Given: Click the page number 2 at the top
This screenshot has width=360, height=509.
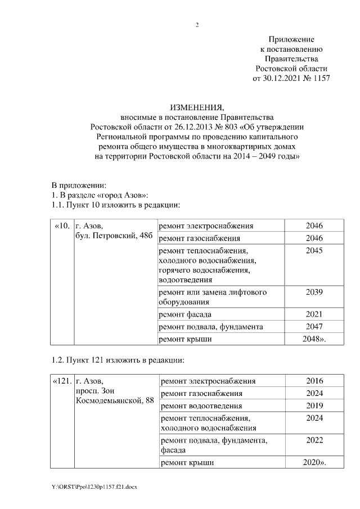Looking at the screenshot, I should pos(197,25).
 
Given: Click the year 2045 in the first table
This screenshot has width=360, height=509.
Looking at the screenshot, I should pos(314,250).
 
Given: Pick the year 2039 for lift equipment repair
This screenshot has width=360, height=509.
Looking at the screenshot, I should pos(314,292).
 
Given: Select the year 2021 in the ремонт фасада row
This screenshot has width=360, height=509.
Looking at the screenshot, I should pos(314,314).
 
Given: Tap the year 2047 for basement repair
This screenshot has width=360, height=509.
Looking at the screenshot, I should pos(314,327).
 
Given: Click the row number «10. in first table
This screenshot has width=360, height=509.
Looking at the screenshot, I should pos(62,226).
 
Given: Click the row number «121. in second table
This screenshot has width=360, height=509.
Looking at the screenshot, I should pos(62,381).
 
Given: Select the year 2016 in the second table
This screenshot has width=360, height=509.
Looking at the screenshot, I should pos(314,381).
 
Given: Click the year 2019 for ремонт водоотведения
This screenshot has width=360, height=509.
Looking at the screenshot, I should pos(314,406).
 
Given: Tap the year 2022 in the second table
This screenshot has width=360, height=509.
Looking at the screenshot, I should pos(314,441).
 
